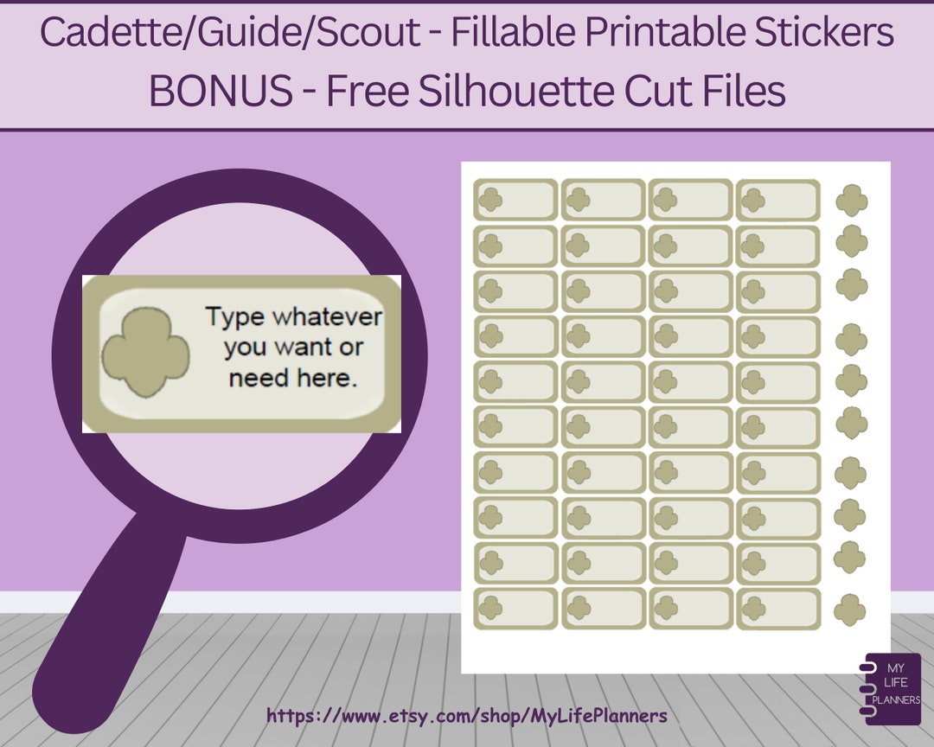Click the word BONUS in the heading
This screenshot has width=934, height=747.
pos(221,91)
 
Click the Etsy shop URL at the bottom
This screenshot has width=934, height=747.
pos(467,716)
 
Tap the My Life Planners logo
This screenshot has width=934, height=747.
pos(892,683)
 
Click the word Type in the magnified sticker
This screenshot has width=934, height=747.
pos(234,316)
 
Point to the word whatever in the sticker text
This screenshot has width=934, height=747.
pos(327,316)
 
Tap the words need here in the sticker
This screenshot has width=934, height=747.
pos(293,378)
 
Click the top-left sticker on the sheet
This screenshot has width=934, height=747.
pos(515,200)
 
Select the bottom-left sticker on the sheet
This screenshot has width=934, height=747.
pos(515,609)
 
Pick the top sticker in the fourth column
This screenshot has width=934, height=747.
pos(777,200)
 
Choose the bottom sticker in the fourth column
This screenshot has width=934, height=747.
pos(777,609)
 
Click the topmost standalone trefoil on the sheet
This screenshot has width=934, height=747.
pos(852,201)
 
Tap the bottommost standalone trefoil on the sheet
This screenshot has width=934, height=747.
pos(850,610)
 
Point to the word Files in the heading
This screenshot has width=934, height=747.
pos(745,91)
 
